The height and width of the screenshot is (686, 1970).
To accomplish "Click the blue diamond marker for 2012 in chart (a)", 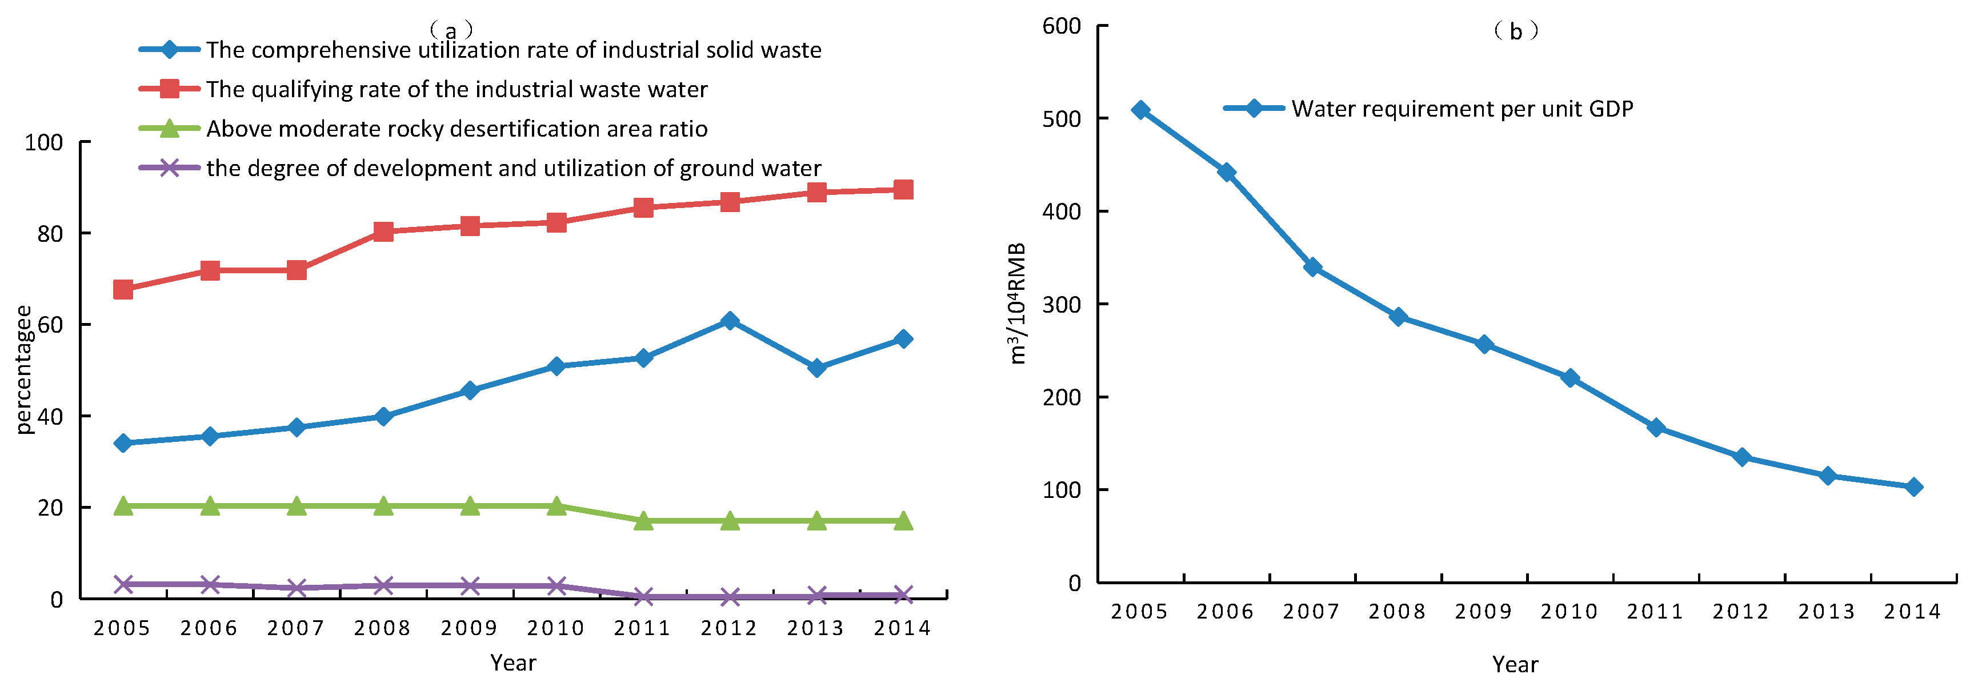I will tap(730, 321).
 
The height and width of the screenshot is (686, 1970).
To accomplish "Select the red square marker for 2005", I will tap(123, 289).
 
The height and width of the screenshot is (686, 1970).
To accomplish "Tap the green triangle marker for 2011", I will tap(643, 521).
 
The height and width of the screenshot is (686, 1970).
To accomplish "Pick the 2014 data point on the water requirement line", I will tap(1913, 487).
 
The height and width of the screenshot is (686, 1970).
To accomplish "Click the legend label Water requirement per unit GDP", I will tap(1462, 109).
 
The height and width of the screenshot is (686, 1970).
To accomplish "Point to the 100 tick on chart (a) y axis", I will tap(43, 142).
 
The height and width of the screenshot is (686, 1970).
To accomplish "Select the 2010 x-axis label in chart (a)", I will tap(556, 628).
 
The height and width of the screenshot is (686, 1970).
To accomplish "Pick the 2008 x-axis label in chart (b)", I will tap(1397, 611).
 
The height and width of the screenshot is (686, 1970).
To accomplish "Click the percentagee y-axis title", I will tap(25, 369).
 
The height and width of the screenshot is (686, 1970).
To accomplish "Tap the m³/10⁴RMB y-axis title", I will tap(1016, 304).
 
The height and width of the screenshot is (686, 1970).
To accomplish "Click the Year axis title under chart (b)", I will tap(1515, 664).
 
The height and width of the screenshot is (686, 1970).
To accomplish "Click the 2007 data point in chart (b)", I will tap(1312, 267).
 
